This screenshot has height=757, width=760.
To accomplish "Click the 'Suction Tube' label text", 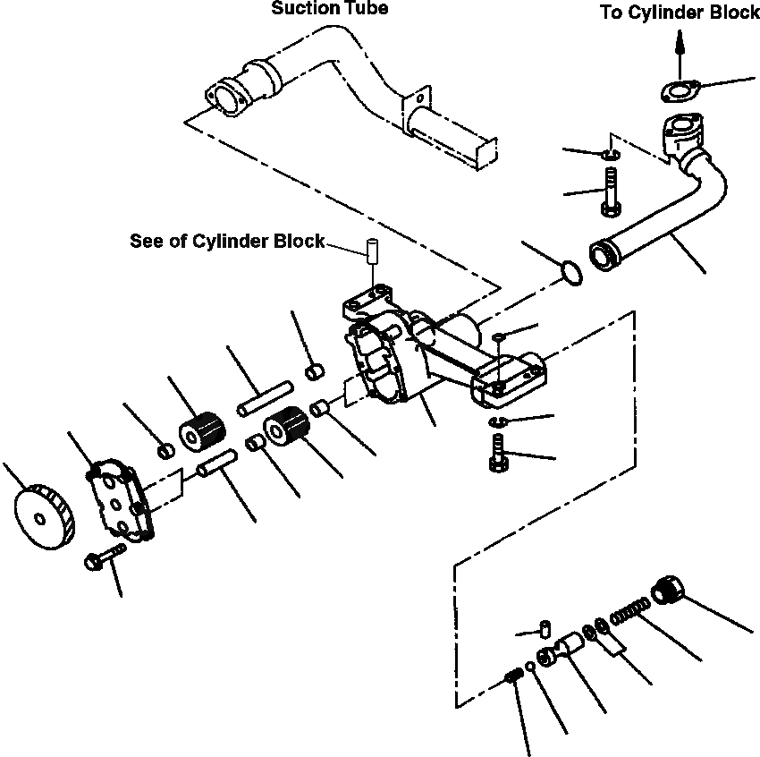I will pyautogui.click(x=330, y=10).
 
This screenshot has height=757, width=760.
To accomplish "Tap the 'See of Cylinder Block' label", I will pyautogui.click(x=227, y=242).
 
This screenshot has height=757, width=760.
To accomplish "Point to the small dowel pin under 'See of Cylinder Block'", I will pyautogui.click(x=370, y=249).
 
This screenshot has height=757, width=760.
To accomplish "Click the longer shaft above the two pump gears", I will pyautogui.click(x=266, y=398).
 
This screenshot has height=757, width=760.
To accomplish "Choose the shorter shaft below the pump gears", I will pyautogui.click(x=216, y=464).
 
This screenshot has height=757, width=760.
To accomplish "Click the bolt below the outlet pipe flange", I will pyautogui.click(x=611, y=197).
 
